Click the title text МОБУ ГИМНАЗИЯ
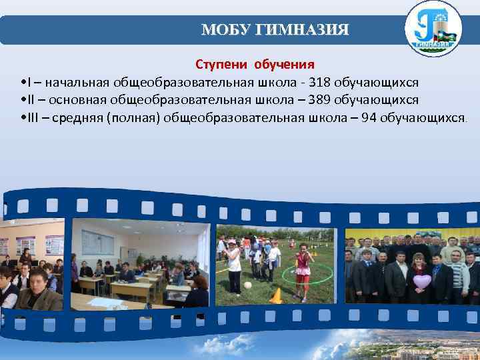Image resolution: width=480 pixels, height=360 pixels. tap(275, 30)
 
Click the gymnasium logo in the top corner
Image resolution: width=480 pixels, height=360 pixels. tap(433, 28)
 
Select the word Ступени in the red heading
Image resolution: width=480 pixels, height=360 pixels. tap(221, 65)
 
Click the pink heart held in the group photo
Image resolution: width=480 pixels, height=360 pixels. tap(422, 281)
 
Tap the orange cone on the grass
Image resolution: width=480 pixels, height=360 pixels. tap(275, 296)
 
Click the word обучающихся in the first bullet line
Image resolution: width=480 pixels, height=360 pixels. tap(376, 83)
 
